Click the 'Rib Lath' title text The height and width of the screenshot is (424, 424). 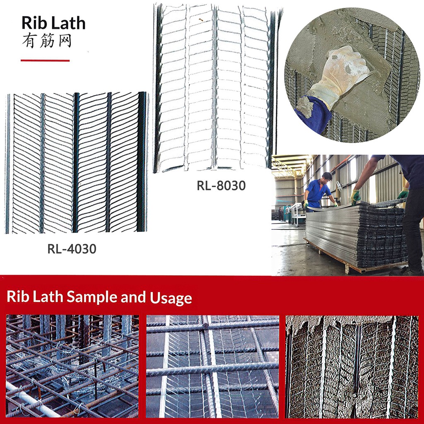(53, 23)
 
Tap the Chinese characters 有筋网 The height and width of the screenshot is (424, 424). (47, 41)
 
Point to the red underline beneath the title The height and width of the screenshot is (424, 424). (45, 60)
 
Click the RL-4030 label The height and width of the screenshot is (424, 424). (72, 249)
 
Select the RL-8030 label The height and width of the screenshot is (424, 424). (221, 186)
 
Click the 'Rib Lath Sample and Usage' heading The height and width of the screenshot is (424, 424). (99, 297)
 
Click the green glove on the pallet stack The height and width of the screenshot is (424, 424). (355, 196)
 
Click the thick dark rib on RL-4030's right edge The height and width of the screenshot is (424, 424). (142, 161)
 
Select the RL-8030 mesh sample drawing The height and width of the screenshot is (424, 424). (215, 87)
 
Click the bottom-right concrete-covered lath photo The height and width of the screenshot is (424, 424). (352, 366)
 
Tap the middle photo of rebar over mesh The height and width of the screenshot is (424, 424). (212, 366)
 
